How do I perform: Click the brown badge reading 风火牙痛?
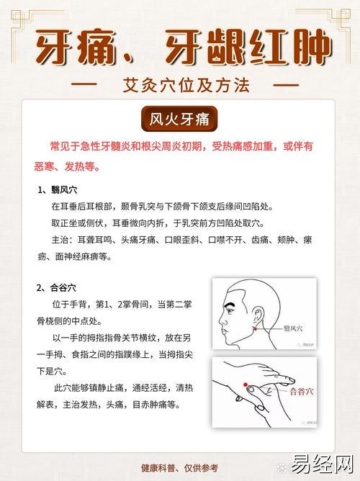pos(179,119)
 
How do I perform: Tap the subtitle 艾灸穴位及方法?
pos(186,85)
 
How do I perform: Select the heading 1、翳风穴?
pos(58,190)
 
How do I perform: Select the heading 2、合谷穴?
pos(56,288)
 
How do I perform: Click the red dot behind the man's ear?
pos(255,329)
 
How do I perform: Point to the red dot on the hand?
pos(246,385)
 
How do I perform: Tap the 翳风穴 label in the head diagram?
pos(293,328)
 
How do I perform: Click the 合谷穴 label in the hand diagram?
pos(302,392)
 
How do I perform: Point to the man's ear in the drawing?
pos(258,317)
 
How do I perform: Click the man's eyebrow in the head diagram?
pos(232,305)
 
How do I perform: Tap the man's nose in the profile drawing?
pos(222,320)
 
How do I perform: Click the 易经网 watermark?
pos(322,464)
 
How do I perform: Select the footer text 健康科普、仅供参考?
pos(179,468)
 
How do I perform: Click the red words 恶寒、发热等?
pos(66,166)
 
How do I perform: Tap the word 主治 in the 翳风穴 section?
pos(60,240)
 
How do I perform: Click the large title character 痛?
pos(97,46)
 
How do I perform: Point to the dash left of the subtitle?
pos(84,84)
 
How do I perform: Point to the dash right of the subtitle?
pos(286,84)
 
